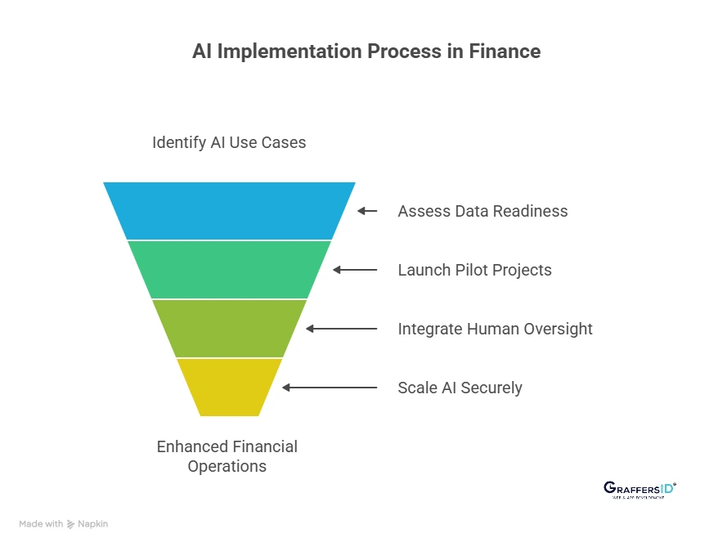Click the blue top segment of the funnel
[x=229, y=210]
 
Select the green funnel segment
[x=229, y=269]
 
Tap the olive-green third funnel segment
[x=229, y=328]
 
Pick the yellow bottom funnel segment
[x=229, y=387]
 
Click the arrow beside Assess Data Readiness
[x=367, y=211]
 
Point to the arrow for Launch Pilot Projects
[x=355, y=270]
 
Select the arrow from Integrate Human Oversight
[x=341, y=329]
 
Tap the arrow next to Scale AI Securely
[x=330, y=388]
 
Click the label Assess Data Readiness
[x=482, y=211]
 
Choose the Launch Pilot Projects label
[x=474, y=270]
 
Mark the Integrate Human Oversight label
[x=495, y=329]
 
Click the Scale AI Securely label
[x=460, y=388]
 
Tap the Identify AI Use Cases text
[x=229, y=142]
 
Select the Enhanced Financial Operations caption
[x=227, y=456]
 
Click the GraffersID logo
[x=639, y=489]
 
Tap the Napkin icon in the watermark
[x=71, y=524]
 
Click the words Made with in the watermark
[x=41, y=524]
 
